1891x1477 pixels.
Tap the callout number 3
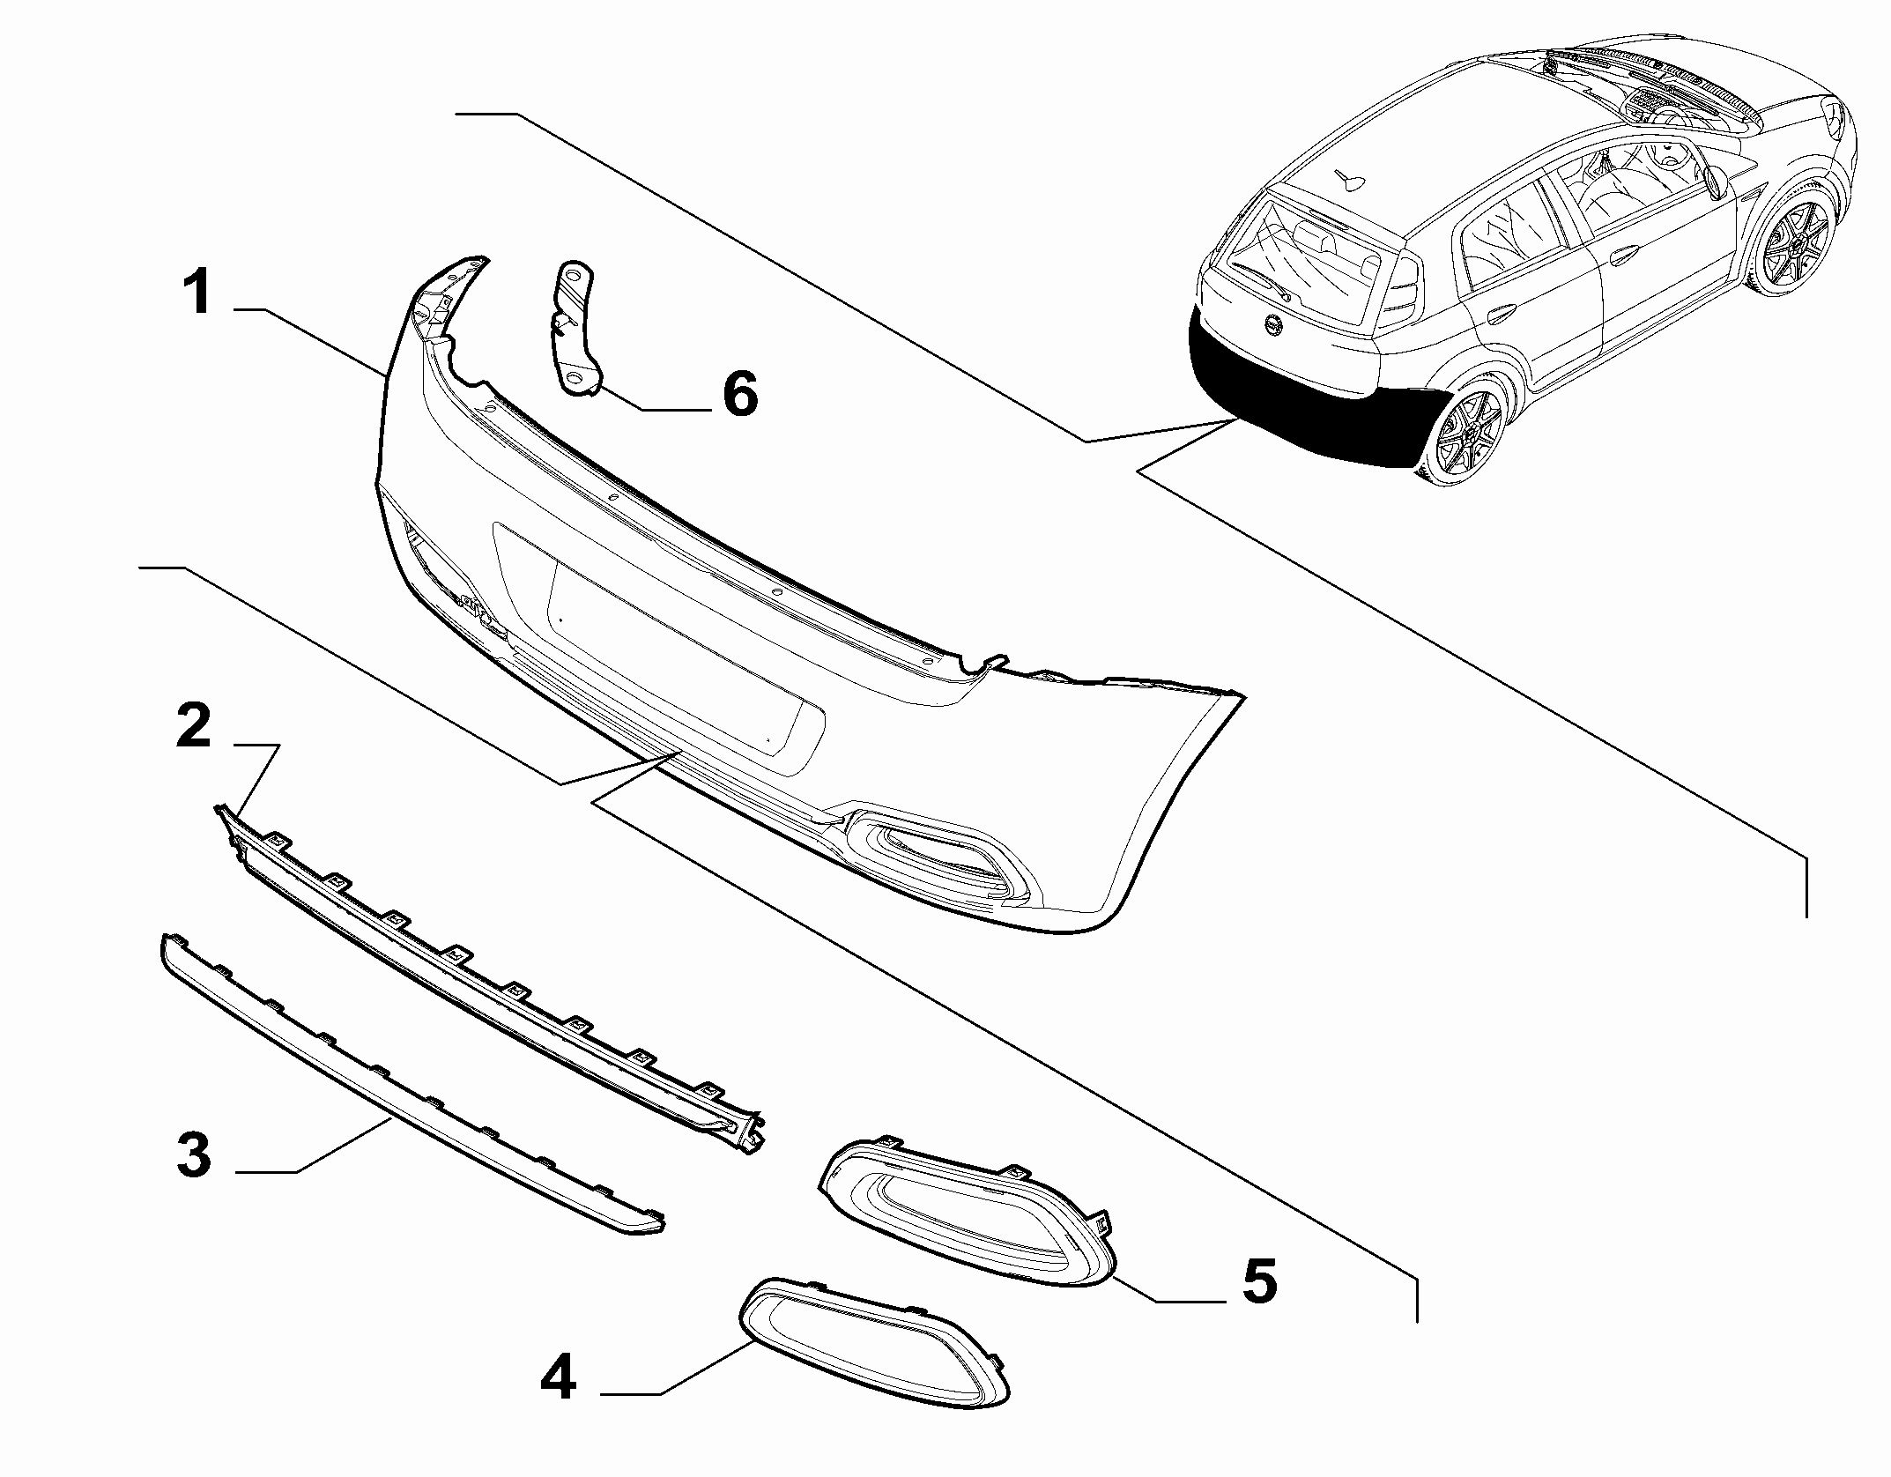194,1155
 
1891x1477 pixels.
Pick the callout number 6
739,394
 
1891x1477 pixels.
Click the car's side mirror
1714,181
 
